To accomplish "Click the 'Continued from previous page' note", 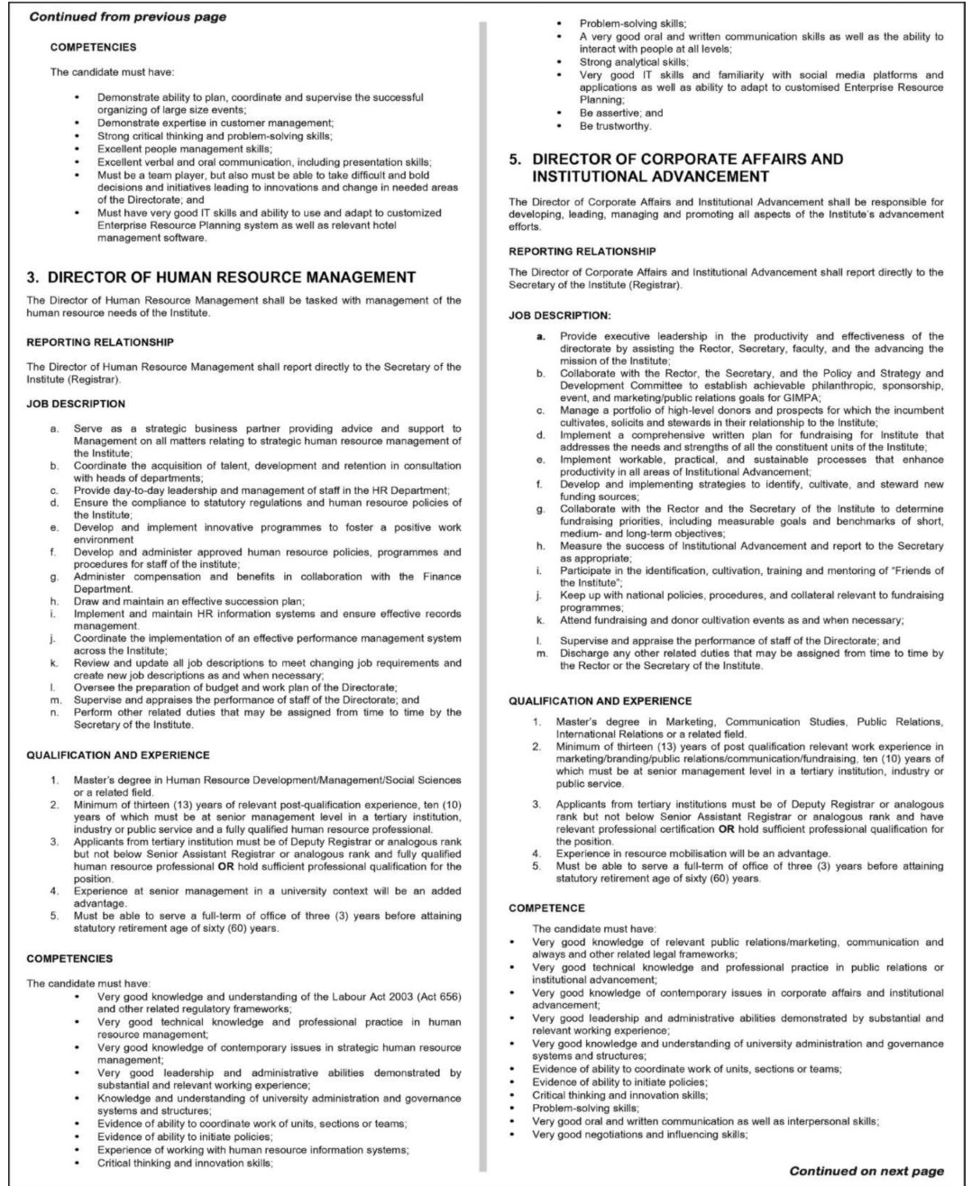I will pos(128,16).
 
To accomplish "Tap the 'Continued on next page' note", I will pos(867,1171).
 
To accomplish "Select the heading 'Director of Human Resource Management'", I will pos(231,277).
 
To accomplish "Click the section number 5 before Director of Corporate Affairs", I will pos(515,160).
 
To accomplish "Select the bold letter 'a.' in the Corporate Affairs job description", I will pos(541,336).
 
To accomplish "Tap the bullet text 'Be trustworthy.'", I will pos(615,126).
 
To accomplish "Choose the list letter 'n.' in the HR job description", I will pos(55,712).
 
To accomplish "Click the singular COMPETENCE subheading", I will pos(546,908).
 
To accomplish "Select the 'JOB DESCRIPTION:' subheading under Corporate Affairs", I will pos(559,315).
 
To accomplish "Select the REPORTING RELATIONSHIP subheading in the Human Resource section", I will pos(100,342).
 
